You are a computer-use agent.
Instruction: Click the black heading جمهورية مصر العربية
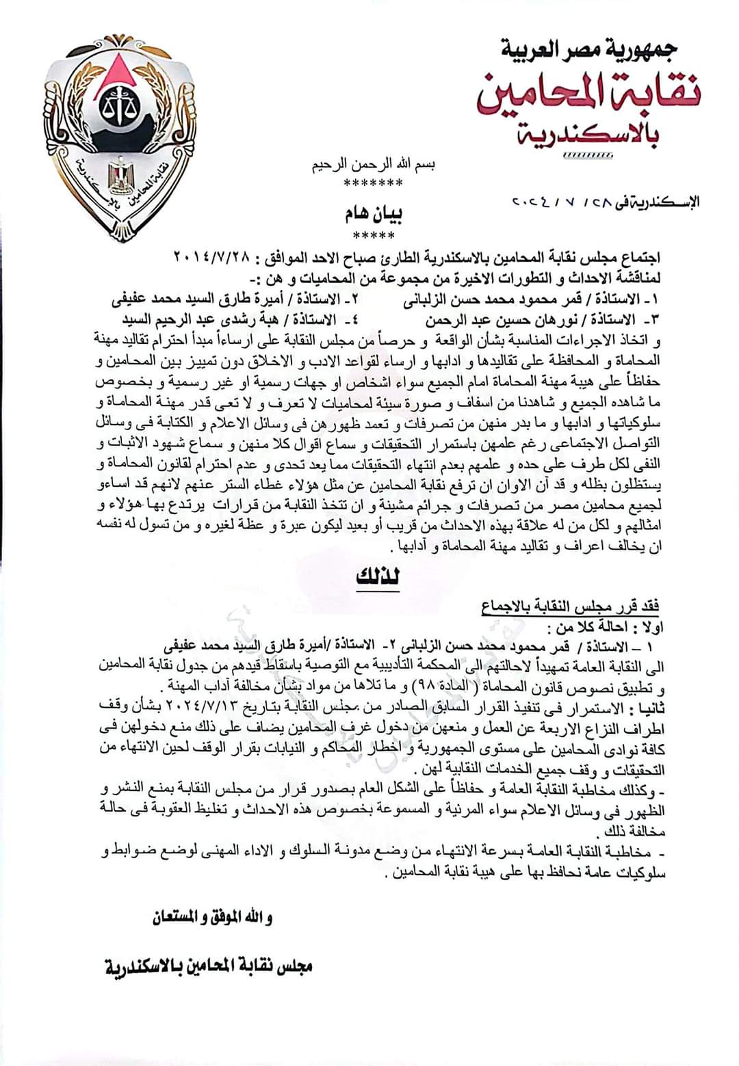(588, 49)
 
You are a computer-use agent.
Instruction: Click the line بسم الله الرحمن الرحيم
(373, 165)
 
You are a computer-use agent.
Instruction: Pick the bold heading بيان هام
(373, 215)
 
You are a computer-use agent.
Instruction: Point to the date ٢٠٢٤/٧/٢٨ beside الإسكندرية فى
(554, 202)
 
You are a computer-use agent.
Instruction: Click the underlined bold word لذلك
(378, 577)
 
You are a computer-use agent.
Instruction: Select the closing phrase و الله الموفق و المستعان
(212, 918)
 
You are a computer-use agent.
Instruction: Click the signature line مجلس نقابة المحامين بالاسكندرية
(209, 966)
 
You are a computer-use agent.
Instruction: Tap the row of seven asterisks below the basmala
(373, 183)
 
